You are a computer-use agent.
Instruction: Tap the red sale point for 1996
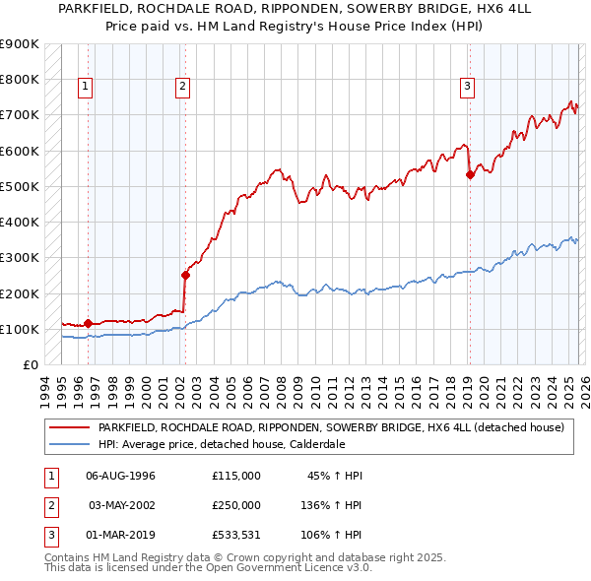(89, 322)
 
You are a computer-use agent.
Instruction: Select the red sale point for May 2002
(185, 275)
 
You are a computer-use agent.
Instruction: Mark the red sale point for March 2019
(470, 174)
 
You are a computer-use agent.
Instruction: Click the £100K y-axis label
(20, 329)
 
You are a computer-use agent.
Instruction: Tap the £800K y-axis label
(20, 79)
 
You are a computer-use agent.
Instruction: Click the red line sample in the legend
(69, 427)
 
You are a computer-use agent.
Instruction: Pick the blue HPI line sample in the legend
(69, 444)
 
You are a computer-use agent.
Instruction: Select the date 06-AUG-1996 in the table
(120, 476)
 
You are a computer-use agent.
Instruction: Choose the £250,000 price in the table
(236, 505)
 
